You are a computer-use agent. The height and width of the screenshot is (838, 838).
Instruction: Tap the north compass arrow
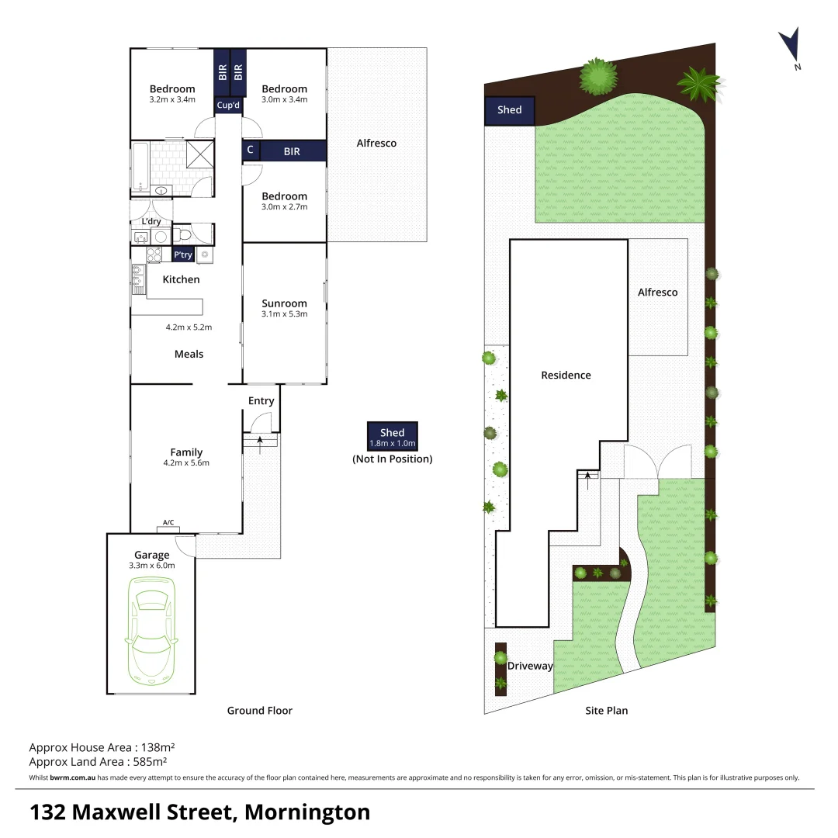(x=790, y=45)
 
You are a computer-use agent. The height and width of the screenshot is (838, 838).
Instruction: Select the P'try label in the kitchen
(x=183, y=255)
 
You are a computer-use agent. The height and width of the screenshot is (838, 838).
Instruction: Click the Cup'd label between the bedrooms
(x=229, y=105)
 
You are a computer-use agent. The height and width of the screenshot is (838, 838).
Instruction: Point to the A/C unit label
(x=168, y=523)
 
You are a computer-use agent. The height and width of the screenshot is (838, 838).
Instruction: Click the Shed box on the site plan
(x=510, y=110)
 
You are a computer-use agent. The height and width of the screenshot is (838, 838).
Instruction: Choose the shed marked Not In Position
(x=392, y=437)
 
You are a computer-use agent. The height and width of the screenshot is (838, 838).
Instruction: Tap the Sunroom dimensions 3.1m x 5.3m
(x=284, y=314)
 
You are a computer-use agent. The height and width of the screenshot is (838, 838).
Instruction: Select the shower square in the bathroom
(x=199, y=153)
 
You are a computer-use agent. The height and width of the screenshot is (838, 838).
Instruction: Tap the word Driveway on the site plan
(x=530, y=666)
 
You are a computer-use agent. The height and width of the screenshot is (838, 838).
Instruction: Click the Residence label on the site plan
(x=566, y=376)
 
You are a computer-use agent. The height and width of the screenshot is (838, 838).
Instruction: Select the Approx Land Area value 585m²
(x=154, y=761)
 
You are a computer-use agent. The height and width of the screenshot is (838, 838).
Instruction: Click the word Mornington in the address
(x=307, y=812)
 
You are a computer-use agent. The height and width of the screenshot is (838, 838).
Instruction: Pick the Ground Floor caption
(x=259, y=710)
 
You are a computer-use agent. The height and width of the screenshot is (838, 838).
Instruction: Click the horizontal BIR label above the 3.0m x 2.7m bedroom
(x=292, y=152)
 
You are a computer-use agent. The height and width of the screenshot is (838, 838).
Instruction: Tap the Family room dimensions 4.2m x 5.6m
(x=186, y=463)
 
